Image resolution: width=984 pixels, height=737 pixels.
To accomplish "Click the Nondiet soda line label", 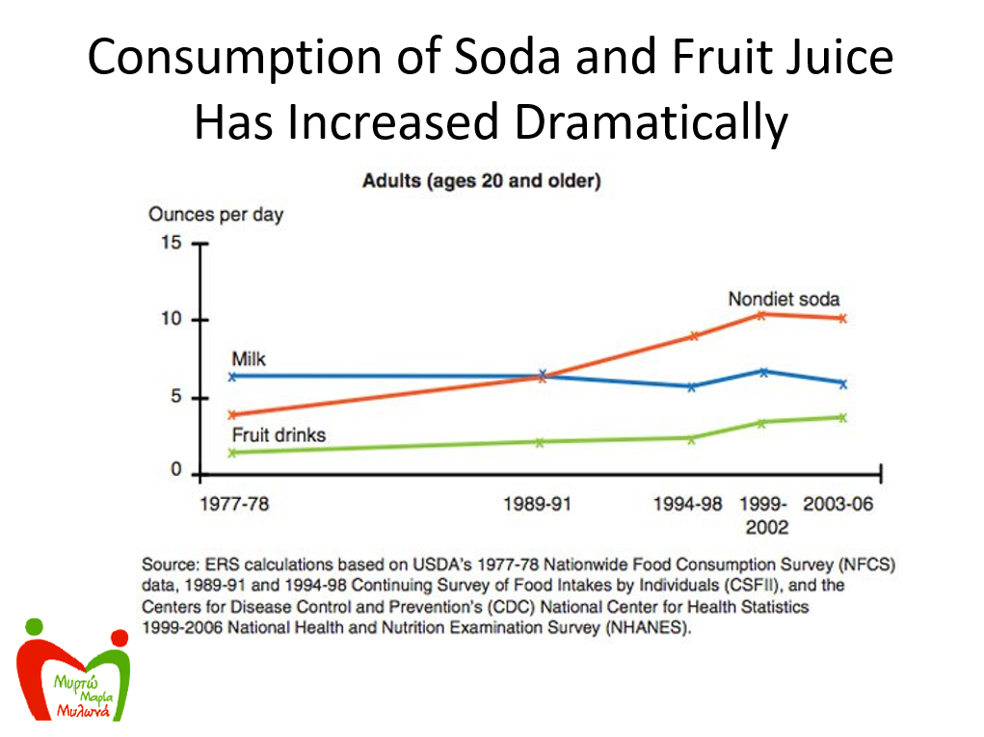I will point(784,299).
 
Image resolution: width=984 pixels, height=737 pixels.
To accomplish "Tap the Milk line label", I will point(249,359).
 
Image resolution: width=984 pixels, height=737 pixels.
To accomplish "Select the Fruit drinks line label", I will point(279,435).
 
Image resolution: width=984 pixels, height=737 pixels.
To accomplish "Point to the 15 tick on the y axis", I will point(171,243).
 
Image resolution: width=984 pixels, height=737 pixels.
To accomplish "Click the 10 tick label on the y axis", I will point(171,319).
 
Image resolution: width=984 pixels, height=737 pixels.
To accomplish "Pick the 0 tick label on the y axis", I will point(176,470).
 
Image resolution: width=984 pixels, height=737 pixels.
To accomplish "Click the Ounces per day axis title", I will point(216,214).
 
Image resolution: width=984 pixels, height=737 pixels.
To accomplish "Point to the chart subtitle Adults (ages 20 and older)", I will point(481,181).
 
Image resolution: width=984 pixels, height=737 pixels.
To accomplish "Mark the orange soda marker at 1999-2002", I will point(761,314).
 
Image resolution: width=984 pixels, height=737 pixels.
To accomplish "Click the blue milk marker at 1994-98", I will point(691,386).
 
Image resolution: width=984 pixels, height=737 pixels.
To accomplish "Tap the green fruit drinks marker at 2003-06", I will point(842,417).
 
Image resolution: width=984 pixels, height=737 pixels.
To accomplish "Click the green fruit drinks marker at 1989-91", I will point(540,442).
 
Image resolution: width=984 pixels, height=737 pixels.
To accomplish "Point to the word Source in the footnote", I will point(168,565).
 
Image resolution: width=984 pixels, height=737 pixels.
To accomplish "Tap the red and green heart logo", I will point(74,673).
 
